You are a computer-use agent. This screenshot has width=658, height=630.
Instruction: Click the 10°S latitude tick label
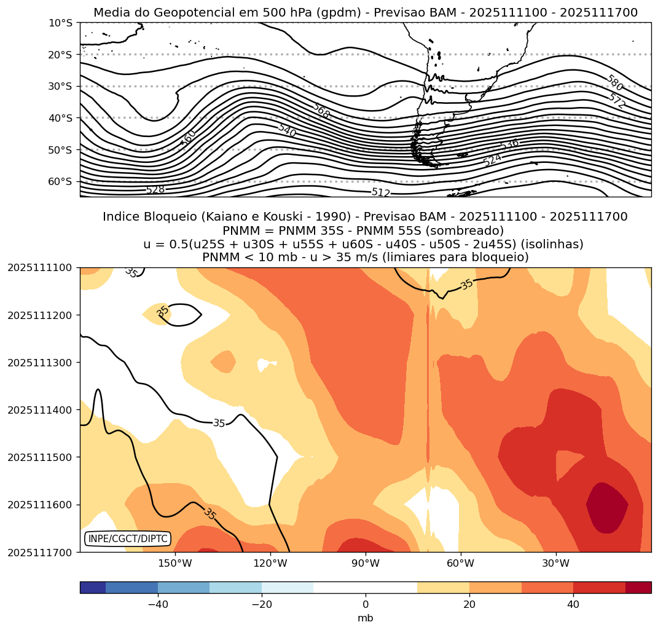tap(60, 23)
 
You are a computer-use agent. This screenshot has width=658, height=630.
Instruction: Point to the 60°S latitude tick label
tap(60, 181)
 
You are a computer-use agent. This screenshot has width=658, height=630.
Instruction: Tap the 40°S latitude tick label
tap(60, 118)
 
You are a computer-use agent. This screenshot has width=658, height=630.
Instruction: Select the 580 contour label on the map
tap(614, 83)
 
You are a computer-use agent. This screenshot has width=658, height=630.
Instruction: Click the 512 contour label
tap(381, 192)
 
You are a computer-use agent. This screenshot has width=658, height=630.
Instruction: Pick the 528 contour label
tap(155, 190)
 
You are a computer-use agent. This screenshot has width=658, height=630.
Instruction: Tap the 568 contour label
tap(321, 111)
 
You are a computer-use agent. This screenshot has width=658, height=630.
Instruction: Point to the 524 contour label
tap(492, 160)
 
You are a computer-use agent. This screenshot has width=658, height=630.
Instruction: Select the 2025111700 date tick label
tap(40, 552)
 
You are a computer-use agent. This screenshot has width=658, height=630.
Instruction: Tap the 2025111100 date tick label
tap(40, 267)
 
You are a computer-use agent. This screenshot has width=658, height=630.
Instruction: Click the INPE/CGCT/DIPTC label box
tap(127, 538)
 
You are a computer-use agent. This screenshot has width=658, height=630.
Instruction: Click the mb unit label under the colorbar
tap(366, 618)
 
